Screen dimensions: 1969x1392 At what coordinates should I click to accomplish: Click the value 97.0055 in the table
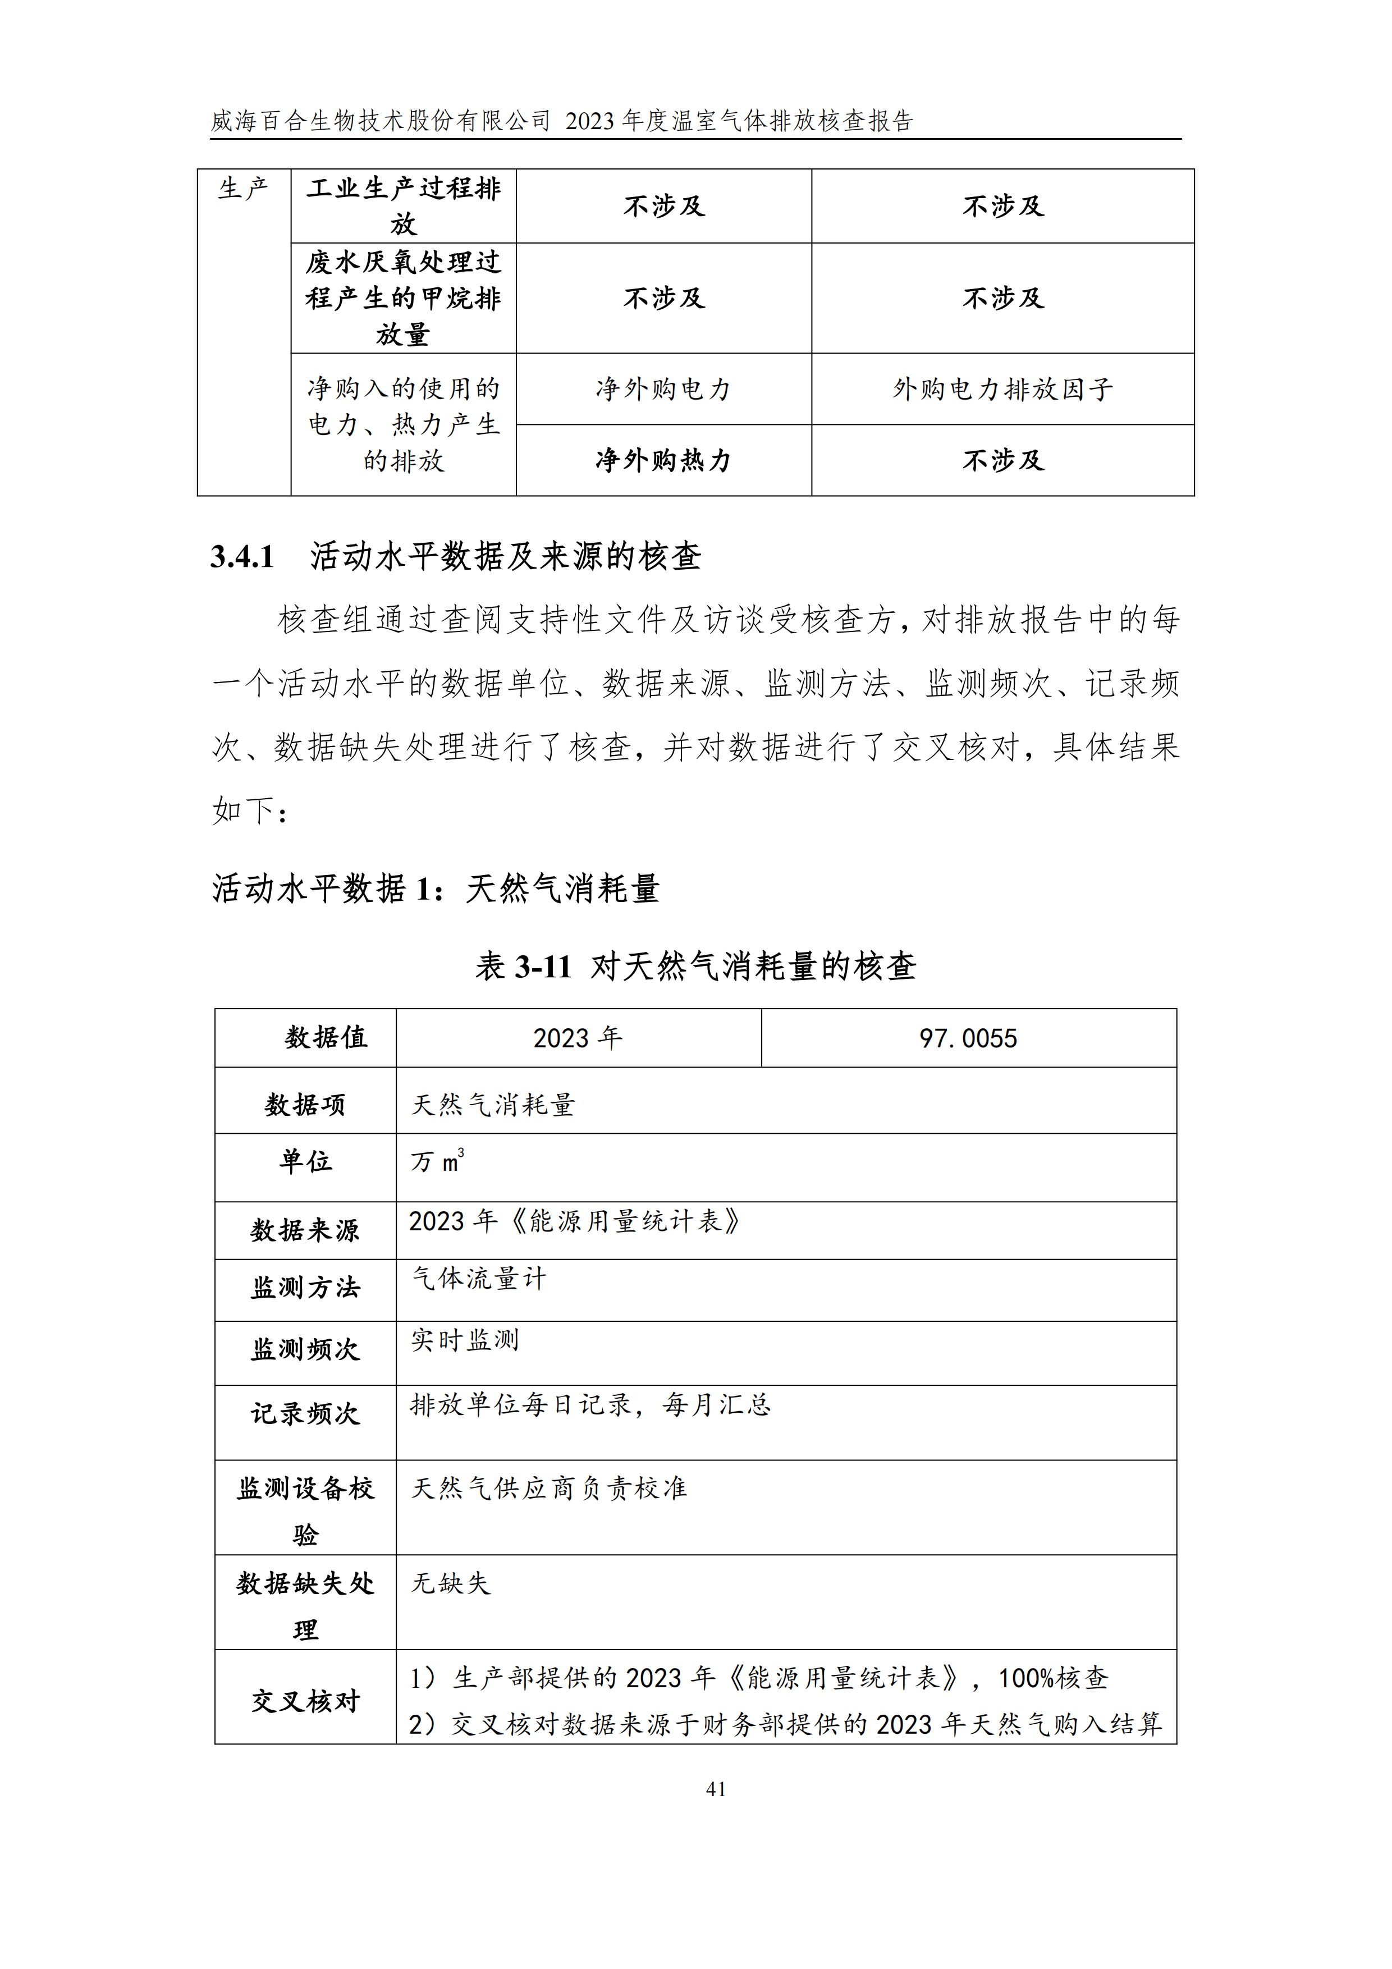(968, 1038)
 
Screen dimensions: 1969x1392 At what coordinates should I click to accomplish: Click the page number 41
(715, 1789)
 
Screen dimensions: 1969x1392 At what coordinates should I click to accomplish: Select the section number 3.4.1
(242, 557)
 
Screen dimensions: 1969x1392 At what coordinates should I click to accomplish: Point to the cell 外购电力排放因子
(1002, 390)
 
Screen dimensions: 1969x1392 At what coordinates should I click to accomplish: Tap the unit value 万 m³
(437, 1162)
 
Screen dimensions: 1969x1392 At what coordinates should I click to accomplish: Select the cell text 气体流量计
(479, 1279)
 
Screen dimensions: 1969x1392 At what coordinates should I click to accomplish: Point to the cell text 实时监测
(465, 1340)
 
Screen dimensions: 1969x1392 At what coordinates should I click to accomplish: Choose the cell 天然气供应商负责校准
(549, 1488)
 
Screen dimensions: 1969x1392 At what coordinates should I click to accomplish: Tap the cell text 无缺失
(450, 1583)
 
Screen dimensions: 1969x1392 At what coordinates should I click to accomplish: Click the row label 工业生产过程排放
(403, 206)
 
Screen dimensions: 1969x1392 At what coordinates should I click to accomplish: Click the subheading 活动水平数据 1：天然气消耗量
(436, 889)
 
